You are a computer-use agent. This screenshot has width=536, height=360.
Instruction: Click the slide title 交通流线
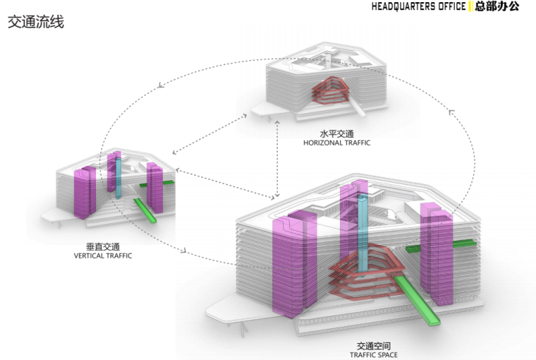pyautogui.click(x=36, y=23)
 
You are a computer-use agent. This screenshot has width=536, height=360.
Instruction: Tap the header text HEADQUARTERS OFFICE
pyautogui.click(x=419, y=7)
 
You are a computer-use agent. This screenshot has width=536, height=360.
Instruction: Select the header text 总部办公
pyautogui.click(x=497, y=7)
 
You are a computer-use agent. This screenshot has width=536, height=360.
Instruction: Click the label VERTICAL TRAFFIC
pyautogui.click(x=103, y=256)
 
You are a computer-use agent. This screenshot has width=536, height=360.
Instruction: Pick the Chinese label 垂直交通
pyautogui.click(x=103, y=246)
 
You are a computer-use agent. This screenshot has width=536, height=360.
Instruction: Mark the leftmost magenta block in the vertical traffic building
pyautogui.click(x=85, y=192)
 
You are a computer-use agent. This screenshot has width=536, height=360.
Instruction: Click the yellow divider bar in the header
pyautogui.click(x=470, y=7)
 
